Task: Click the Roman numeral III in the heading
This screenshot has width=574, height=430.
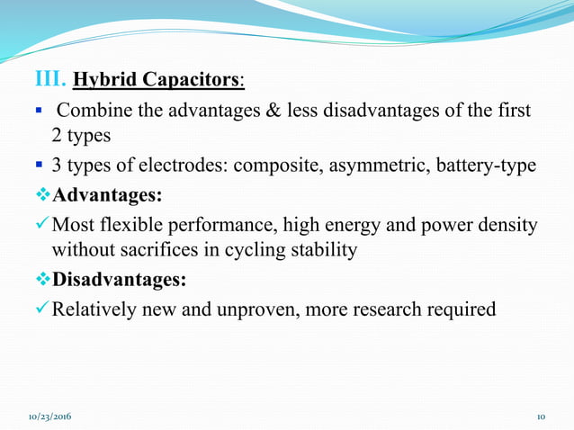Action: point(50,78)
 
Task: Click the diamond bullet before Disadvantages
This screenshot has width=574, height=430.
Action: point(42,280)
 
